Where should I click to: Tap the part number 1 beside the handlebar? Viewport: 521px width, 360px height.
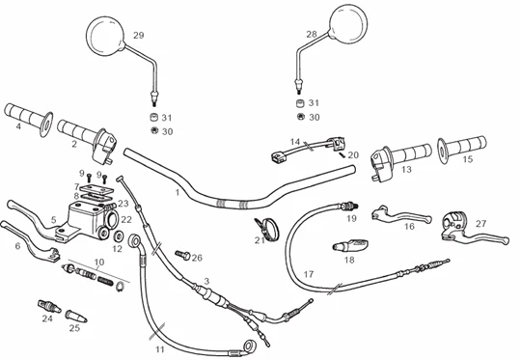(178, 192)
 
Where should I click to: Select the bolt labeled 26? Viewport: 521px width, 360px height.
(182, 256)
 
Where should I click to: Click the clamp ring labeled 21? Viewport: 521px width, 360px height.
(267, 229)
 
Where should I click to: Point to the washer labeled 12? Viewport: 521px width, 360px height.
(119, 236)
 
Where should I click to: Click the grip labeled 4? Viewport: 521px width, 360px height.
(29, 120)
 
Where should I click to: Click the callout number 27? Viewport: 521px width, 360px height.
(480, 224)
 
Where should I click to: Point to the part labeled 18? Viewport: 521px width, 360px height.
(350, 246)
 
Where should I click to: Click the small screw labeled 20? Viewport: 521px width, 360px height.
(343, 153)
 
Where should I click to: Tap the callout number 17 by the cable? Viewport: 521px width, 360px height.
(309, 274)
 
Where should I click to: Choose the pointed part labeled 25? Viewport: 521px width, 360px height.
(76, 316)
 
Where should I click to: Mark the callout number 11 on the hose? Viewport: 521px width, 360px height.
(160, 349)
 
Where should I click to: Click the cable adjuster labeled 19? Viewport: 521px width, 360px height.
(349, 207)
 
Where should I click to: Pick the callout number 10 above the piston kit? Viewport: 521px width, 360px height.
(99, 262)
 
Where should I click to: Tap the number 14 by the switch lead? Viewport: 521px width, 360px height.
(295, 142)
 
